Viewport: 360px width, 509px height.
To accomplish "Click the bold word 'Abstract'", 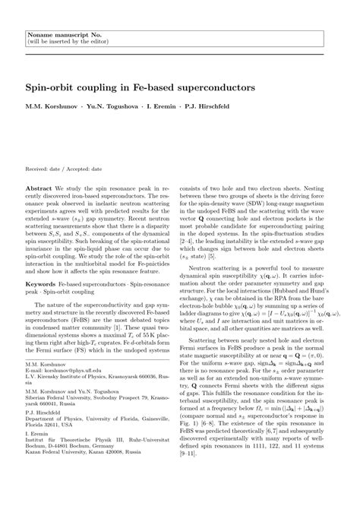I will (x=39, y=187).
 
